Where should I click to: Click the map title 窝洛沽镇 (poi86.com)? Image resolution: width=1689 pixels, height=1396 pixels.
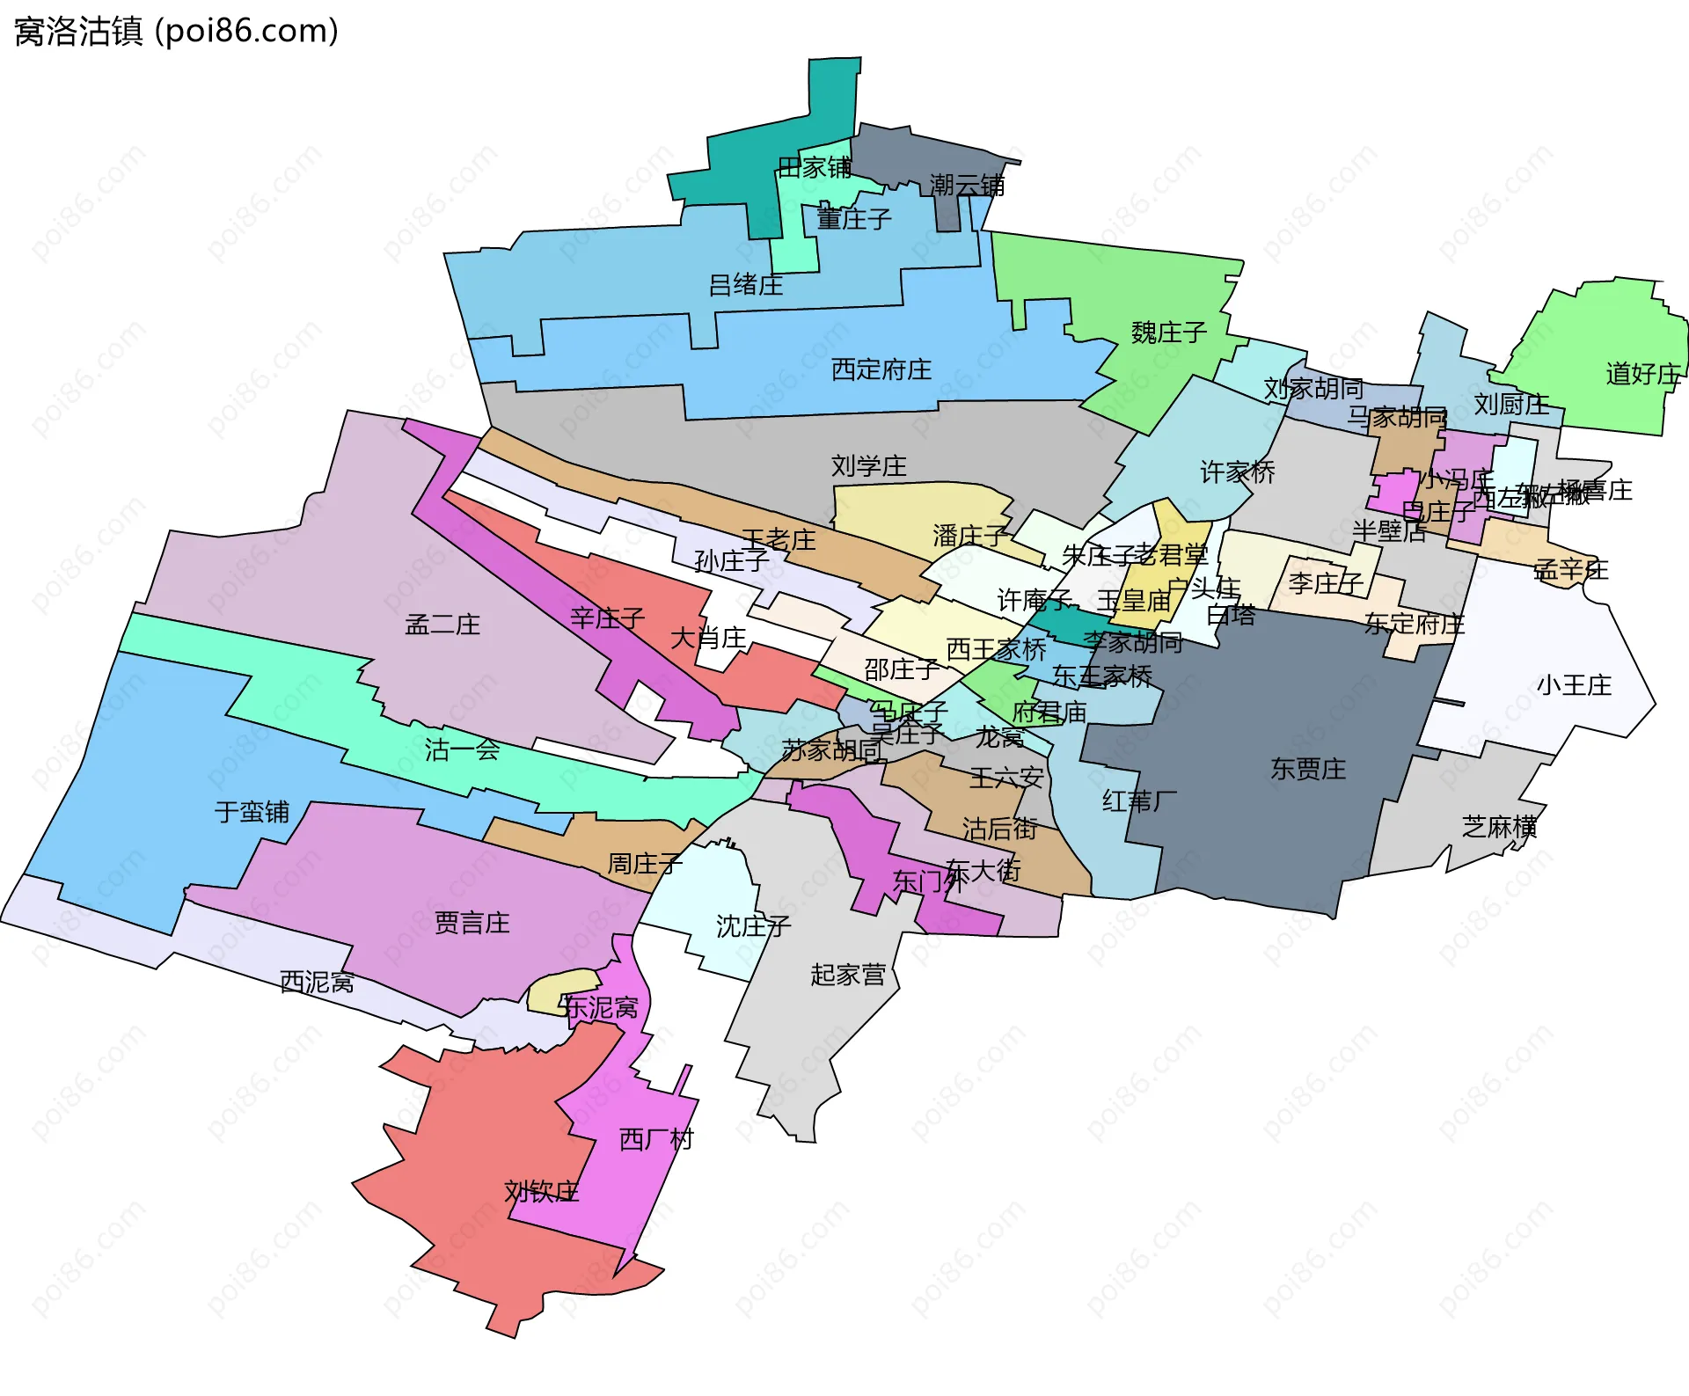[x=176, y=32]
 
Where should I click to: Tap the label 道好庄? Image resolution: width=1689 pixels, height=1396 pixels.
[x=1642, y=374]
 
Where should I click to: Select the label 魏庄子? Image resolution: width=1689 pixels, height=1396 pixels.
[x=1168, y=333]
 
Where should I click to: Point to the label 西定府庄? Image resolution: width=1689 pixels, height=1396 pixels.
[x=881, y=369]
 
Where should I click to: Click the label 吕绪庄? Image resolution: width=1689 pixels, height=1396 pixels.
[x=746, y=285]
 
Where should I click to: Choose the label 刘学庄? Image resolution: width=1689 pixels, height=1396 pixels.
[x=868, y=465]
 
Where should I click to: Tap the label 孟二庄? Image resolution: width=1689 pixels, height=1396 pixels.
[x=442, y=625]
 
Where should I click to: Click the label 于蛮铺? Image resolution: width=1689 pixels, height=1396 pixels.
[x=252, y=811]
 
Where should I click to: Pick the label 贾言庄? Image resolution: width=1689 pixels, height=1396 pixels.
[x=472, y=923]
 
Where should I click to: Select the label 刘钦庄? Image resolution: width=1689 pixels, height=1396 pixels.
[x=541, y=1191]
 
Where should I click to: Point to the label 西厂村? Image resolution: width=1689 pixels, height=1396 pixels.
[x=656, y=1139]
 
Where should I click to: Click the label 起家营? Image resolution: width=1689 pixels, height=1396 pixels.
[x=847, y=975]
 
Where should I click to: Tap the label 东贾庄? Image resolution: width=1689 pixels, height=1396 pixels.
[x=1307, y=769]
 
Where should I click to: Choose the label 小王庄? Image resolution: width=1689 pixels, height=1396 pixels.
[x=1574, y=685]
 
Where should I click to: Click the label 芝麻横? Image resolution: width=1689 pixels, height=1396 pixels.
[x=1499, y=827]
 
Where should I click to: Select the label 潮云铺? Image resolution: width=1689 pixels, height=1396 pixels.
[x=967, y=185]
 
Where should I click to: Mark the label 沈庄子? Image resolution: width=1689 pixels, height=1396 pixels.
[x=753, y=925]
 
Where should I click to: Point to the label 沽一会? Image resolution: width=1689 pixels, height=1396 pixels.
[x=462, y=749]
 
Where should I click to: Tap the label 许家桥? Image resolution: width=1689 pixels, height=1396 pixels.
[x=1237, y=472]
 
